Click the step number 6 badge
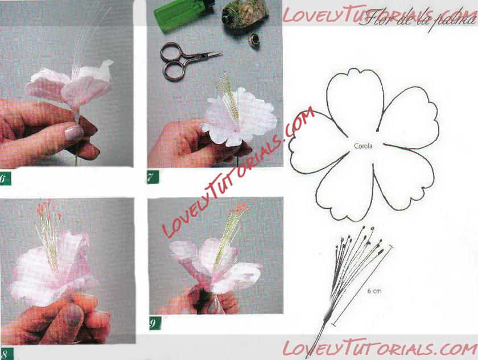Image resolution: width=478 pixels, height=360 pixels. click(5, 178)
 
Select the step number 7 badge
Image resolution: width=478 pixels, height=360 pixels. click(153, 177)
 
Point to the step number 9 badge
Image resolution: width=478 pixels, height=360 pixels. click(155, 323)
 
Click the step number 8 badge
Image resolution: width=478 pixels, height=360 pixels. click(6, 354)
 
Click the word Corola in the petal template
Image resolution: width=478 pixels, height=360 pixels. click(363, 146)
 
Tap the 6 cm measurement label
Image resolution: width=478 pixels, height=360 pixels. click(374, 291)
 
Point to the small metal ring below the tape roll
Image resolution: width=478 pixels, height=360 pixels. click(254, 39)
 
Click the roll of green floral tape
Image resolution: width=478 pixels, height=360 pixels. click(245, 14)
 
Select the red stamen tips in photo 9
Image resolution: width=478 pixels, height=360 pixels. click(240, 208)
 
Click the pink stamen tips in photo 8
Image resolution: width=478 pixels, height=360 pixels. click(48, 208)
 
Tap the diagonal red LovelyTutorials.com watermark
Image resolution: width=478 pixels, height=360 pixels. click(238, 172)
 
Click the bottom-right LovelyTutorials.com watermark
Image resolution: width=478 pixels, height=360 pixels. click(380, 348)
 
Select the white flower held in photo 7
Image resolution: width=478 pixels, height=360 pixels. click(240, 117)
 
